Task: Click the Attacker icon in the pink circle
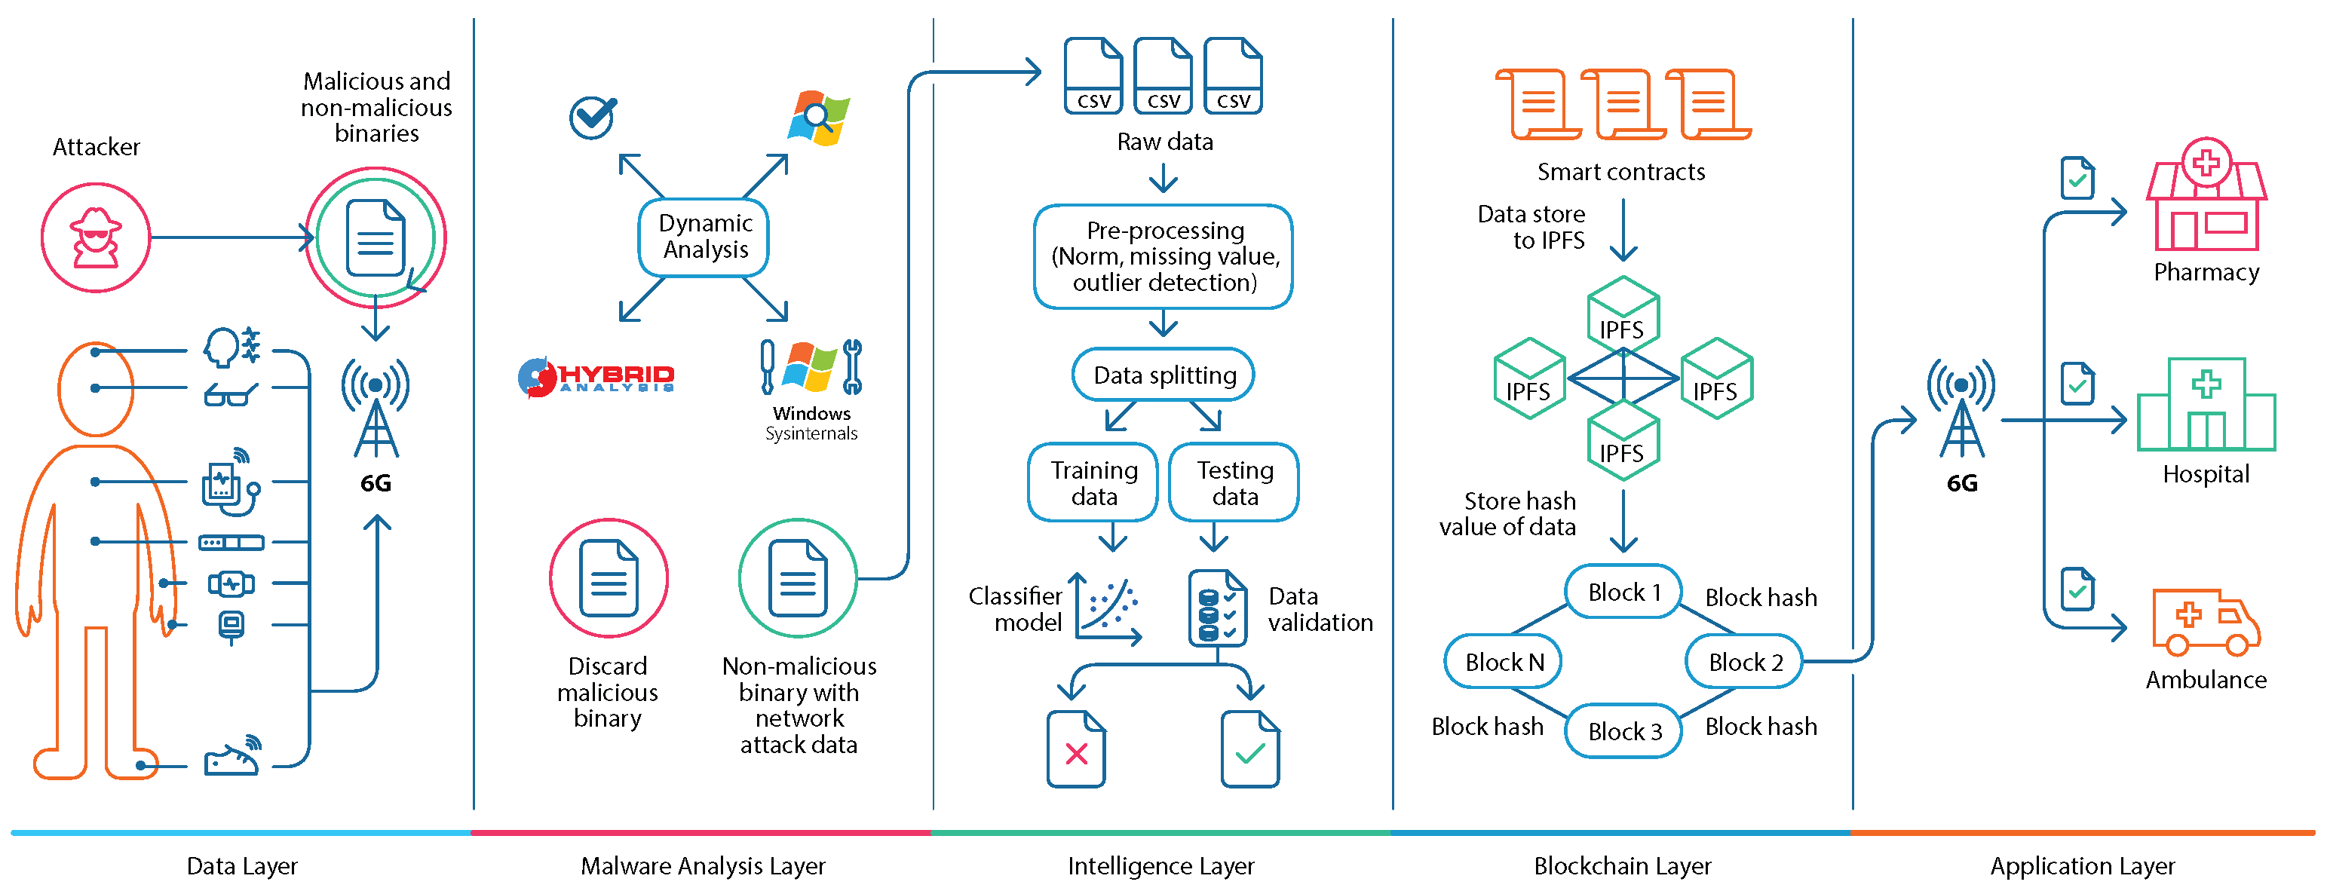(96, 237)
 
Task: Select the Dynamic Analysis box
(704, 237)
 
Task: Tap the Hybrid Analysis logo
(596, 378)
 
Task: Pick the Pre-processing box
(1163, 256)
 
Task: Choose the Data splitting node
(1163, 375)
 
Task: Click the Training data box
(1093, 482)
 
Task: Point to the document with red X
(1076, 749)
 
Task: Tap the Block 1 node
(1623, 592)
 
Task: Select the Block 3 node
(1623, 730)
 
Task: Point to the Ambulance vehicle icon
(2206, 623)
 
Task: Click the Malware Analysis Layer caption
(703, 865)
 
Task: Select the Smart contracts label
(1620, 172)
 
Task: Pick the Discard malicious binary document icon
(609, 577)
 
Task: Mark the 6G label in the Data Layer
(376, 483)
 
